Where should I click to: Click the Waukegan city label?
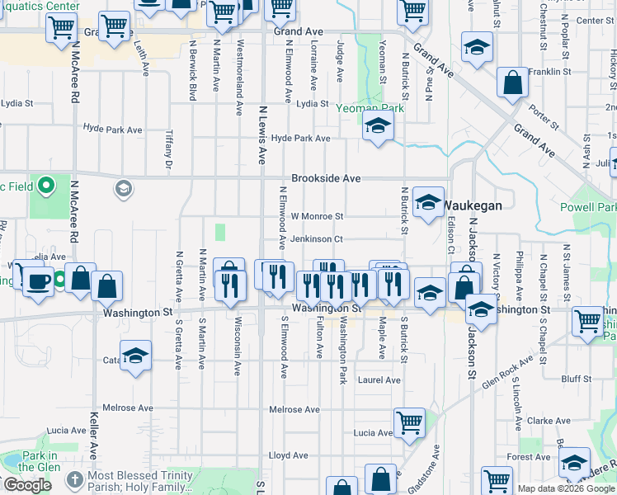(x=473, y=205)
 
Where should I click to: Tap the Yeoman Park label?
(x=370, y=107)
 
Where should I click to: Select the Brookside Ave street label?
(x=326, y=178)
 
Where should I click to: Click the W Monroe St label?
(x=316, y=216)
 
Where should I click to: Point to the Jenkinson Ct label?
(x=315, y=239)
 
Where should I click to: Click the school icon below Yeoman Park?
(x=378, y=126)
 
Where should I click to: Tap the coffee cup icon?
(x=35, y=282)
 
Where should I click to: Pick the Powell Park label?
(x=588, y=207)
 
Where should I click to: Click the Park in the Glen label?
(x=40, y=461)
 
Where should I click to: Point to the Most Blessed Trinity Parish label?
(x=147, y=476)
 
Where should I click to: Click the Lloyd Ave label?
(x=288, y=455)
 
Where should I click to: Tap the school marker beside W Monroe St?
(x=428, y=203)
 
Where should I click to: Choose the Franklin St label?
(x=550, y=73)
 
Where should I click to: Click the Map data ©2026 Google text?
(x=566, y=488)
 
